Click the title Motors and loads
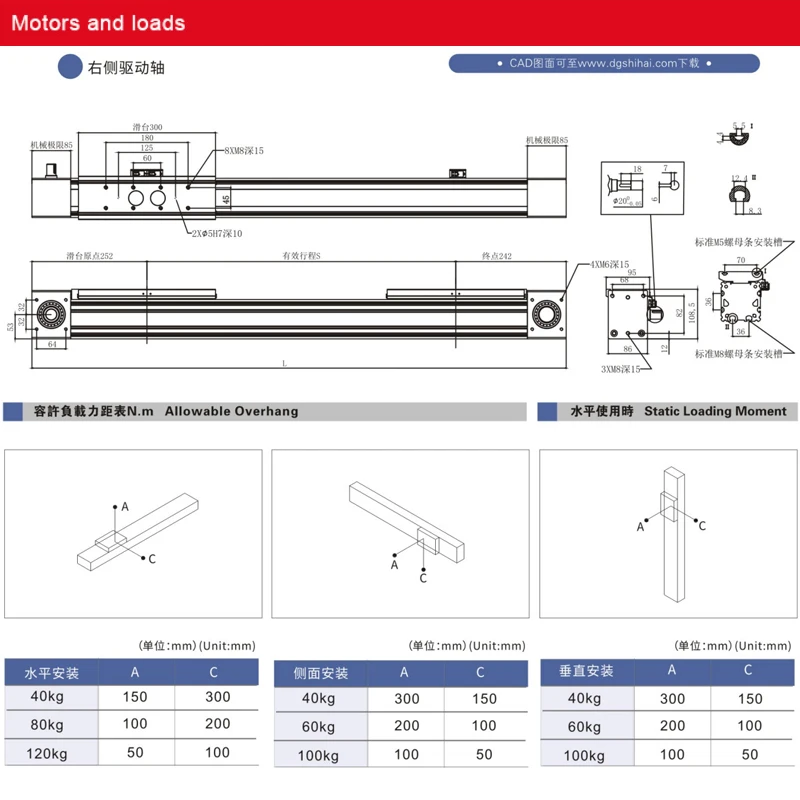tap(98, 22)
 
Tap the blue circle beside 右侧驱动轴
tap(70, 67)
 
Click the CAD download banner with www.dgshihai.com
tap(603, 63)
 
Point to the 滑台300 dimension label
tap(147, 128)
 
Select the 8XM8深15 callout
tap(242, 150)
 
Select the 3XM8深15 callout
tap(621, 369)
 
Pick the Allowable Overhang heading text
tap(231, 411)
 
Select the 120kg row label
tap(46, 752)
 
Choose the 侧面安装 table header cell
tap(320, 673)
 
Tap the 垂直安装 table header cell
tap(586, 671)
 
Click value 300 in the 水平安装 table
tap(217, 697)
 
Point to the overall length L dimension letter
tap(284, 363)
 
